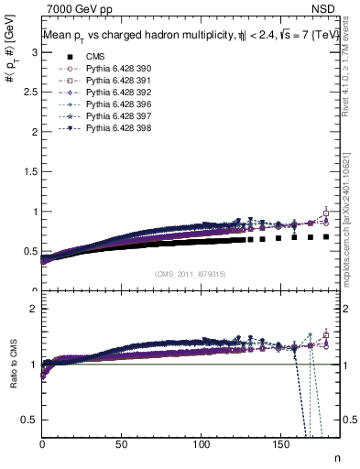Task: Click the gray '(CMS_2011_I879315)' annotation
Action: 191,274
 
